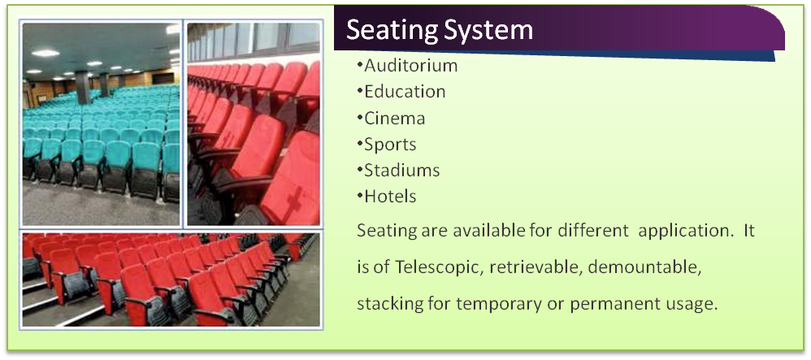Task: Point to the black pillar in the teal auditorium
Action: tap(82, 87)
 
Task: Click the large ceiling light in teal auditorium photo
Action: tap(46, 53)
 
